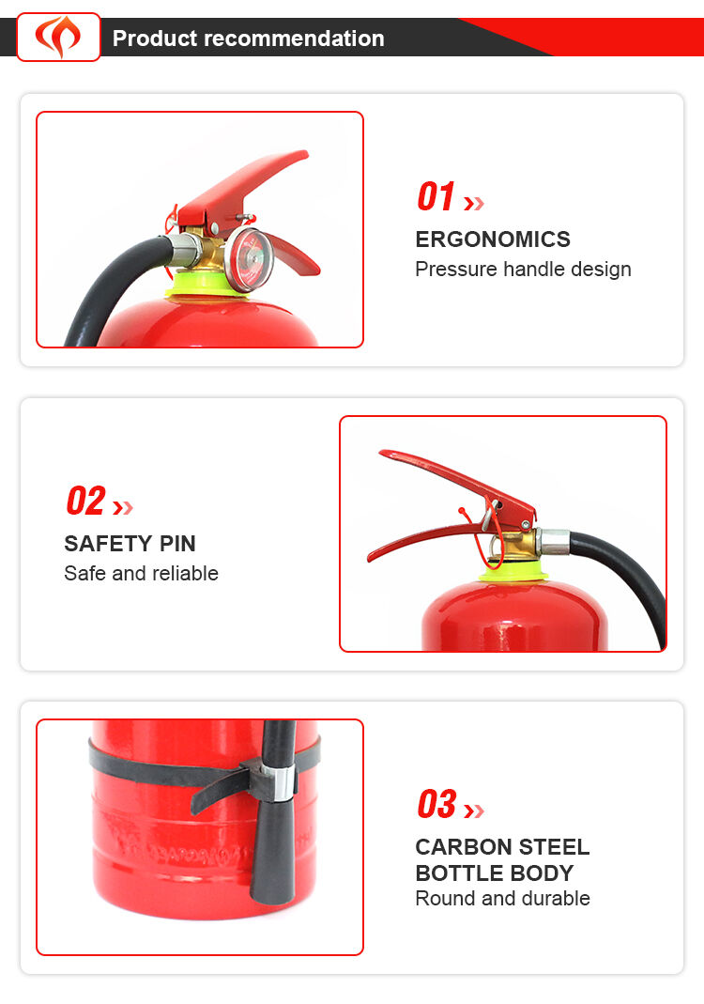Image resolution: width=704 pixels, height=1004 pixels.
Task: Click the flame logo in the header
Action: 58,37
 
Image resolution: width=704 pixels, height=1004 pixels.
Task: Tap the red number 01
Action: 436,196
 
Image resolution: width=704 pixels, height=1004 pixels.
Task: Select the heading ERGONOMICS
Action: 493,239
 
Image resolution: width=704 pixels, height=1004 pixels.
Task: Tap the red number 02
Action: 85,501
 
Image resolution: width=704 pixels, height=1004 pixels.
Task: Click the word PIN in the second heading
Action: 177,544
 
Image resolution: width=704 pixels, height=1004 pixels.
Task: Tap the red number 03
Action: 436,804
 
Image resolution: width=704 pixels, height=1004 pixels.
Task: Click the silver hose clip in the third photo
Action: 282,782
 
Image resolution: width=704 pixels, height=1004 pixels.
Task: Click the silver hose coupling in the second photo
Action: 554,542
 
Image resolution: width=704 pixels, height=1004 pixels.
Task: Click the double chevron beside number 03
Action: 474,811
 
